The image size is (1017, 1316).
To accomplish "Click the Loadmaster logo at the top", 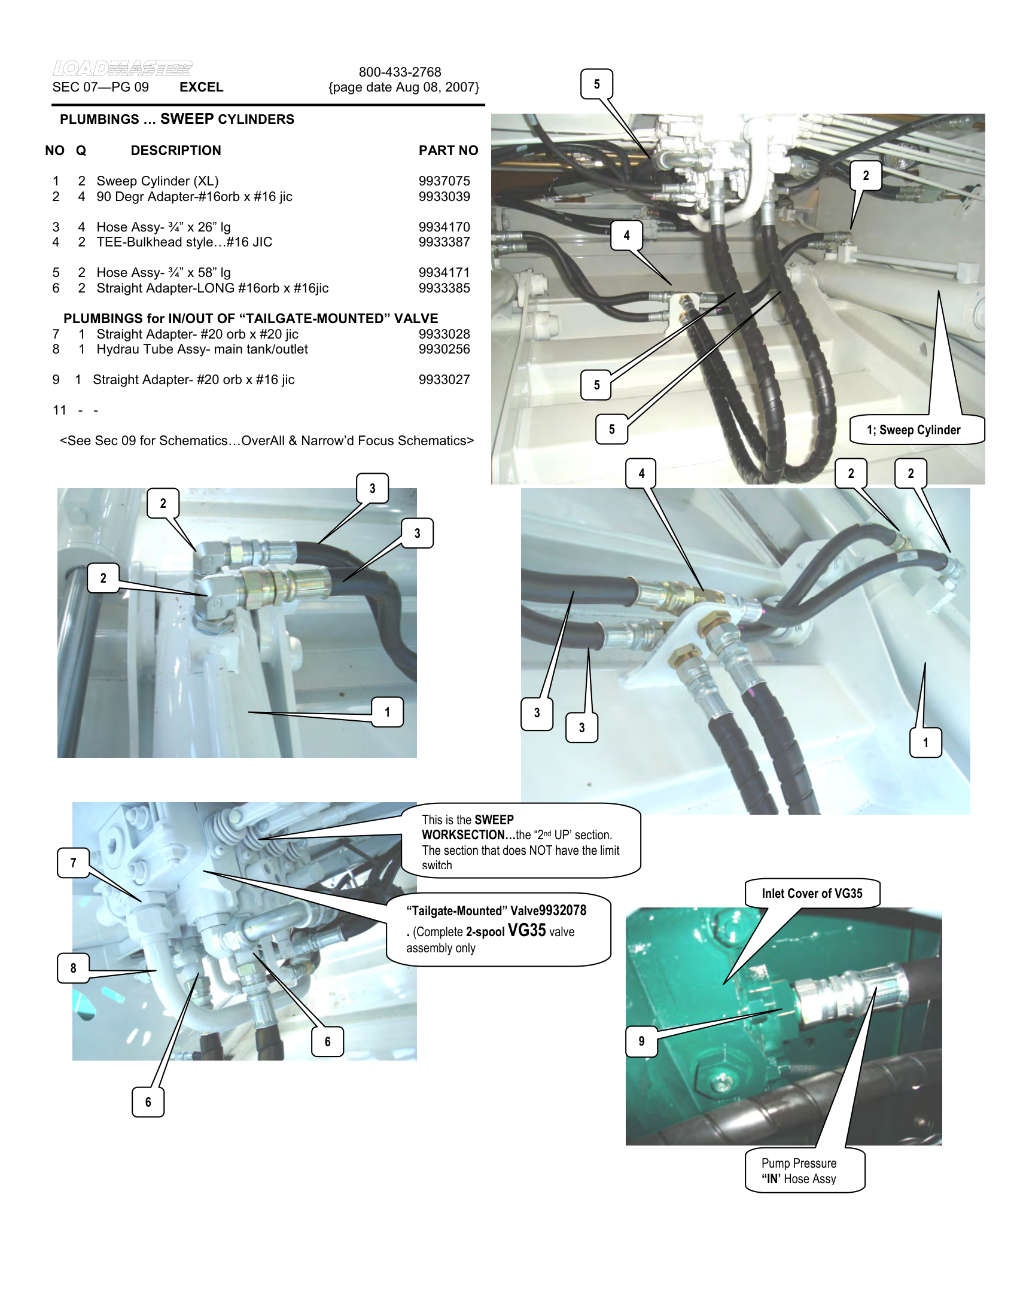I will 122,68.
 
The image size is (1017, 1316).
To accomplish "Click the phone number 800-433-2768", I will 400,72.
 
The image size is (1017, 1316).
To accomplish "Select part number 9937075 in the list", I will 444,181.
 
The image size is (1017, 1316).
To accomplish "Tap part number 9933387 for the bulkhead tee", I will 444,242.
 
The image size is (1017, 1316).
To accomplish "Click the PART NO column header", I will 448,151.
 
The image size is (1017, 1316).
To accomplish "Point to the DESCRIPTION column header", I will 176,151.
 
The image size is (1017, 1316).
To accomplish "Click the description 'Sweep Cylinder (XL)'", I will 157,181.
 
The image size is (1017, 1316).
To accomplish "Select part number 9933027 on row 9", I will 444,380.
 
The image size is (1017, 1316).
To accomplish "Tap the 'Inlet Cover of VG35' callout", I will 812,894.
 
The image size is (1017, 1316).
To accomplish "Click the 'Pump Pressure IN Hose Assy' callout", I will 799,1171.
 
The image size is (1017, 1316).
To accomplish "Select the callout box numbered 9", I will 641,1041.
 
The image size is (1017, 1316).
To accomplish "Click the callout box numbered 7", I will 74,863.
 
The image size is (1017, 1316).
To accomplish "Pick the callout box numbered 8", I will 74,968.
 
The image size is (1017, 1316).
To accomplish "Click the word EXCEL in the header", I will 201,87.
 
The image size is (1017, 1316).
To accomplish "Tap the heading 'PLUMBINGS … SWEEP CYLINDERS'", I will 176,119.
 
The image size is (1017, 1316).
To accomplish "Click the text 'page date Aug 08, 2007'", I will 404,87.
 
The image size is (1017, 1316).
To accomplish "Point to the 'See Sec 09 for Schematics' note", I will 266,441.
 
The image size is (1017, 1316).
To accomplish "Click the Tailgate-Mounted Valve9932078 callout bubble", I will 498,929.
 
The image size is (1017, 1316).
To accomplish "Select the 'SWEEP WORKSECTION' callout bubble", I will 520,841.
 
